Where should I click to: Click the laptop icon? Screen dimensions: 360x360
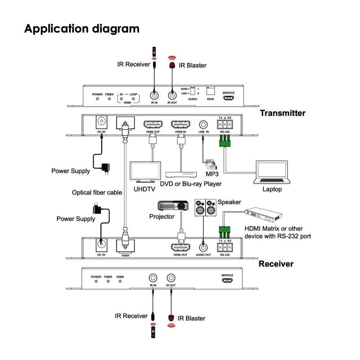click(x=271, y=172)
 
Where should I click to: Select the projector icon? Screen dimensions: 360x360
click(x=173, y=206)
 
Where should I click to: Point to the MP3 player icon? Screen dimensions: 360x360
click(x=211, y=165)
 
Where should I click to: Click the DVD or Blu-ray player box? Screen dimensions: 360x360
click(x=181, y=174)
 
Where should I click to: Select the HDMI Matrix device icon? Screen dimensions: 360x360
click(x=264, y=215)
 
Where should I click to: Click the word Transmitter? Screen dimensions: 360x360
click(x=283, y=113)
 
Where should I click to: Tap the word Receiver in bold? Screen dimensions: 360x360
click(x=276, y=264)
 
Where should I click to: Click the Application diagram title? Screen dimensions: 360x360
click(x=82, y=28)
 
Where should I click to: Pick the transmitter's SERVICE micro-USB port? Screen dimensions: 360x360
click(x=228, y=97)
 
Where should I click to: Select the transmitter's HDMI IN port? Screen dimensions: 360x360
click(x=181, y=125)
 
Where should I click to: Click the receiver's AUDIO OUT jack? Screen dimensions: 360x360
click(x=203, y=247)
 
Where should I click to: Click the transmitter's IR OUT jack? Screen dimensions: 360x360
click(x=172, y=96)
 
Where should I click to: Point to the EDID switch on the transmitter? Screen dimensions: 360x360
click(x=210, y=91)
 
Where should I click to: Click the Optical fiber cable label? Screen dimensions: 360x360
click(x=97, y=193)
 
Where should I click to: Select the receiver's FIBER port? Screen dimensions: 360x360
click(x=125, y=246)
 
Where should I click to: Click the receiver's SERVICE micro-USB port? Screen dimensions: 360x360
click(x=227, y=281)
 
